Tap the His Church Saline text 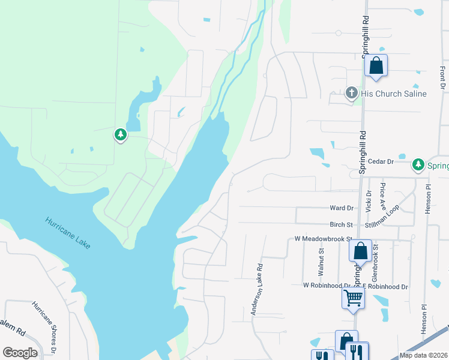coord(394,94)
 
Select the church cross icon coord(352,93)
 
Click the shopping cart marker coord(353,296)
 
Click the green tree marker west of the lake coord(121,134)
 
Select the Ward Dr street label coord(342,208)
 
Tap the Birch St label coord(341,224)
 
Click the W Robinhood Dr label coord(326,286)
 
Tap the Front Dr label coord(442,79)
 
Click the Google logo coord(20,353)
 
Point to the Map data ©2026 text coord(423,355)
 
